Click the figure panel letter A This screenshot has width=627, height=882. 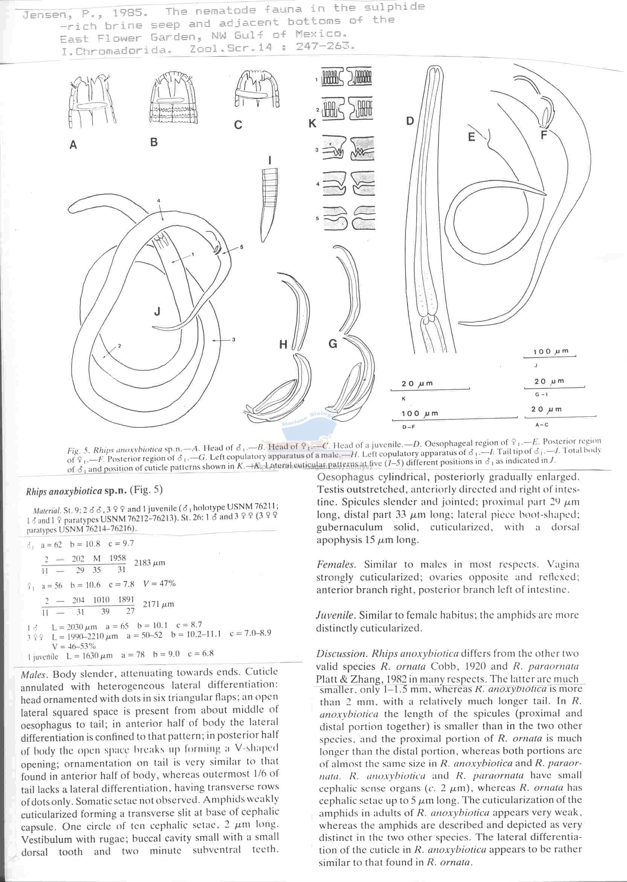coord(73,145)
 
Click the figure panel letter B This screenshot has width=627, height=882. coord(154,142)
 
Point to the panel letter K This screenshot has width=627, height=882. coord(312,124)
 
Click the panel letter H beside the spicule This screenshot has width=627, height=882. coord(283,345)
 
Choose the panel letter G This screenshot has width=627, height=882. coord(333,343)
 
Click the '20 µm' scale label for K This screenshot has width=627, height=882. coord(417,384)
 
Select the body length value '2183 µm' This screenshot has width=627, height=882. coord(150,562)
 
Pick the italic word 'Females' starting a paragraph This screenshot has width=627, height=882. coord(336,564)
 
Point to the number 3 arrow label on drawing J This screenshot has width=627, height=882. coord(233,340)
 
